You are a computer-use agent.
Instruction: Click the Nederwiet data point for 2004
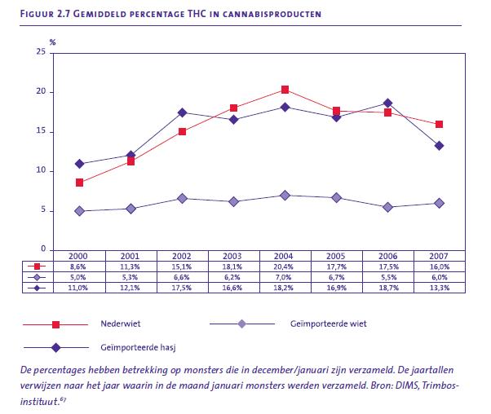click(x=285, y=90)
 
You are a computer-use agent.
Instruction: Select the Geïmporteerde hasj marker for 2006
click(x=387, y=103)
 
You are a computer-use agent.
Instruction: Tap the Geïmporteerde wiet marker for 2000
click(x=79, y=211)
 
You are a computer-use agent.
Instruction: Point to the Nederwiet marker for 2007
click(x=439, y=125)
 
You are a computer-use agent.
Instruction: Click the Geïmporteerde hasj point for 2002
click(x=182, y=112)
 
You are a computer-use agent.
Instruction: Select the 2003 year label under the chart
click(x=233, y=255)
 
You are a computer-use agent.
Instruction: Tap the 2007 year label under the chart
click(x=439, y=255)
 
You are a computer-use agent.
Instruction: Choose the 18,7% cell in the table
click(x=387, y=287)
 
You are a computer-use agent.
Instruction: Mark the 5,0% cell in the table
click(x=79, y=276)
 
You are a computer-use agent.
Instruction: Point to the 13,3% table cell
click(x=439, y=287)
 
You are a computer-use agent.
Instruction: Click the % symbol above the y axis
click(x=51, y=41)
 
